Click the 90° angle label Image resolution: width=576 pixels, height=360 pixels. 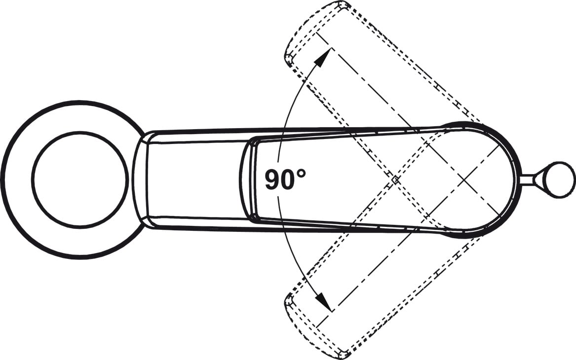click(x=285, y=179)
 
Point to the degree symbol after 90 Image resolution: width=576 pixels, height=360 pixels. click(x=302, y=173)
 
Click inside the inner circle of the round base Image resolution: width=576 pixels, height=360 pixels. click(x=80, y=180)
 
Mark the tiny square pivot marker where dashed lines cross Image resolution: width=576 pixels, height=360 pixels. click(x=395, y=180)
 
